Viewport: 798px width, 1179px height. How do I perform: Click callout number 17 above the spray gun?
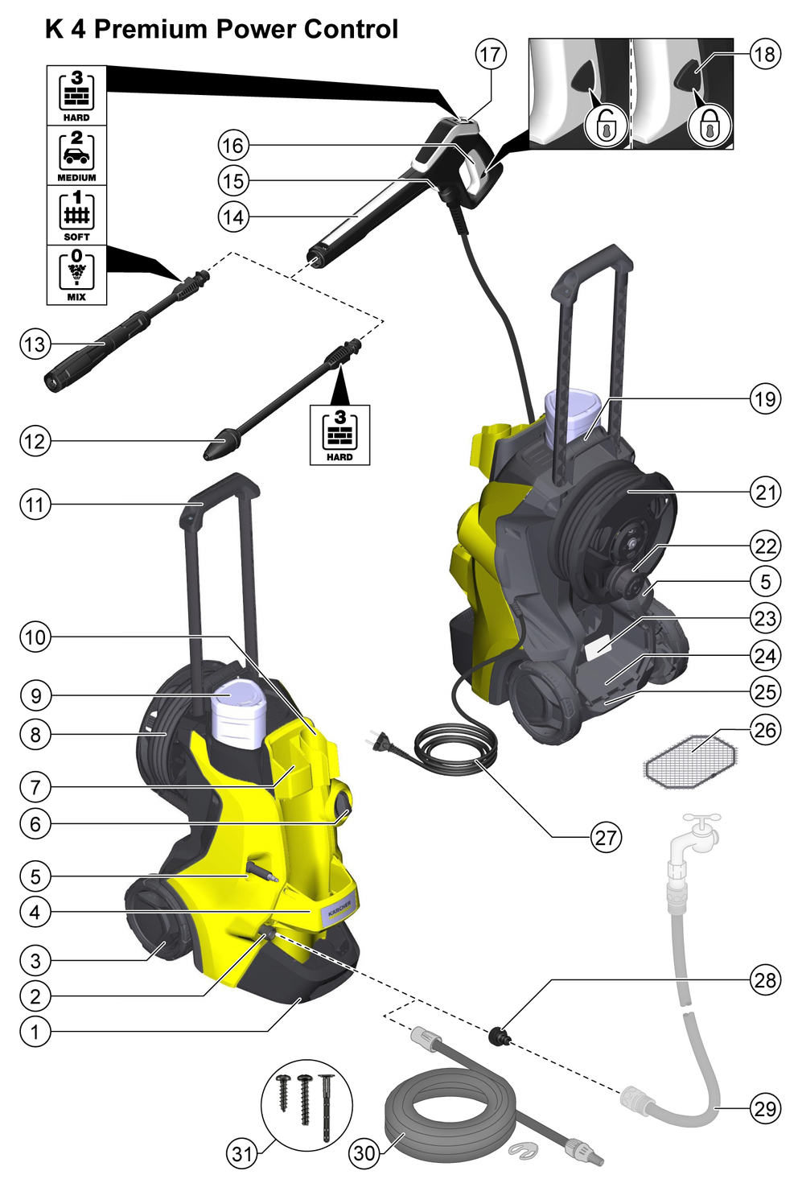point(491,54)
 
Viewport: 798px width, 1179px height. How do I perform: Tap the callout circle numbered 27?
point(606,837)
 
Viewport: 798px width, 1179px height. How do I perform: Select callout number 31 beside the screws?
point(242,1154)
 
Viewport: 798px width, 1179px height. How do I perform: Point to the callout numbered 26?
point(765,730)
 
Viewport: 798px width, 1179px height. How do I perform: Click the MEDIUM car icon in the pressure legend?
point(76,155)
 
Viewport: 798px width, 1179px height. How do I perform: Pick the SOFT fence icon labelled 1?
point(76,215)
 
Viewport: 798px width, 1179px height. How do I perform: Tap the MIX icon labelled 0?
point(76,274)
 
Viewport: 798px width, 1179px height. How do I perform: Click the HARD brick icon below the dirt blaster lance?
point(339,435)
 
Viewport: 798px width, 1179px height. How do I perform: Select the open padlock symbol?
point(605,126)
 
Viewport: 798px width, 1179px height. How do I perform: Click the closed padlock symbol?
point(709,126)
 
